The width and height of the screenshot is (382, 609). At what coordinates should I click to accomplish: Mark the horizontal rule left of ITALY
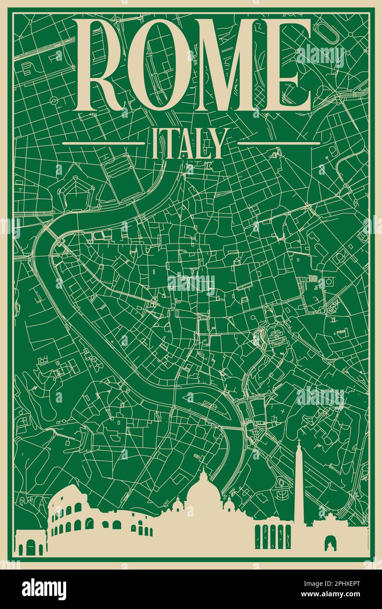coord(103,143)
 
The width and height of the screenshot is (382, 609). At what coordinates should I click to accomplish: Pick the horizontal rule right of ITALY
coord(279,143)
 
